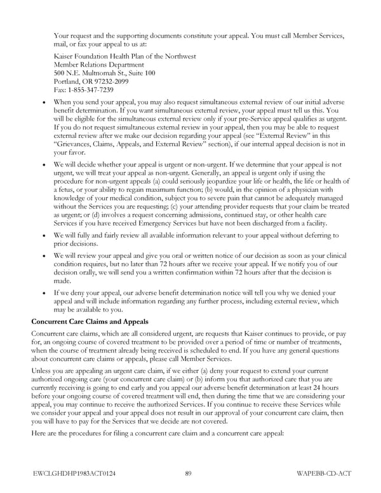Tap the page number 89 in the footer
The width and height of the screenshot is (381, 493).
coord(189,472)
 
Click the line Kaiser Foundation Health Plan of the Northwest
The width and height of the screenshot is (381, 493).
coord(125,57)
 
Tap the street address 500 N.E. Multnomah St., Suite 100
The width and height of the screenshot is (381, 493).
coord(105,73)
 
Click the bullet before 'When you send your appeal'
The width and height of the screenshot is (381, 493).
coord(43,102)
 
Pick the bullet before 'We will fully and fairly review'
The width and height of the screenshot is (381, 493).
coord(43,236)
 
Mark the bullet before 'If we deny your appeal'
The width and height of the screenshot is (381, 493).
coord(43,294)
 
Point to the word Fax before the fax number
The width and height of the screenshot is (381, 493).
coord(61,90)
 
